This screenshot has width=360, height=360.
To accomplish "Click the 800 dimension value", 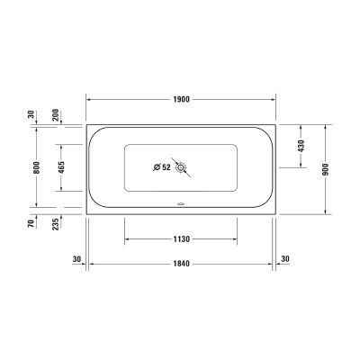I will (36, 167).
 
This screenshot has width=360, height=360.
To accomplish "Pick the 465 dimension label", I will (60, 167).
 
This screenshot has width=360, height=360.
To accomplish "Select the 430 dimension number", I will (301, 145).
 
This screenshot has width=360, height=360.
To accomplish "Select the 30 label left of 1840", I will (76, 259).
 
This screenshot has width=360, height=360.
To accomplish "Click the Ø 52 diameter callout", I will (162, 166).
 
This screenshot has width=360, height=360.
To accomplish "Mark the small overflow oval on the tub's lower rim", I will (181, 203).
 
